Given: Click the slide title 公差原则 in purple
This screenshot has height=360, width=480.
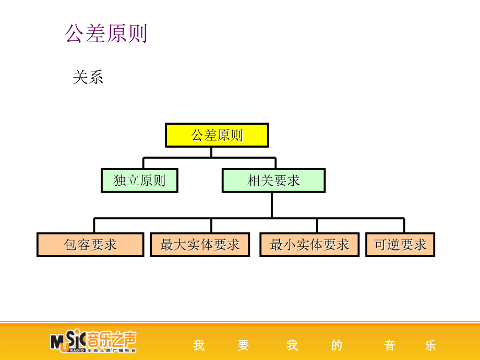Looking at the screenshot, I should coord(106,33).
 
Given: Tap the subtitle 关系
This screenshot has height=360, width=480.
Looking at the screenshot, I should coord(88,77).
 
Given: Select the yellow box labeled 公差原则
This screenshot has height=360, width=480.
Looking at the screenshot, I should coord(217,135).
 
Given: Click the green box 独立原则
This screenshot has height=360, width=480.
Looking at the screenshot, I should coord(139,181).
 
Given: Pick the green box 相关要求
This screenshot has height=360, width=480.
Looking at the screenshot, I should coord(273,181).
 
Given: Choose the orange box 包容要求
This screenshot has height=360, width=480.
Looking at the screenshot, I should coord(90,245).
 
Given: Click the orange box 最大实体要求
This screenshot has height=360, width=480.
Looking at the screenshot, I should coord(200,245).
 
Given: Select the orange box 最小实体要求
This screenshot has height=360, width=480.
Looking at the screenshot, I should coord(309,245).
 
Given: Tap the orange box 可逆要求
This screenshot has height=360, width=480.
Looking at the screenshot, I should coord(400,245).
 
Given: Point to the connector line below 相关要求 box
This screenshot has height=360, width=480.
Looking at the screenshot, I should coord(272,205).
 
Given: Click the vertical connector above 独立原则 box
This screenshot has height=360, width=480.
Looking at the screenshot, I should coord(143,163).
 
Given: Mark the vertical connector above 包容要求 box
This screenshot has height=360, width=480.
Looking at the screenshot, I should coord(94,225).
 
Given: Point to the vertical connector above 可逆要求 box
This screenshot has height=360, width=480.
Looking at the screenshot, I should coord(404,225).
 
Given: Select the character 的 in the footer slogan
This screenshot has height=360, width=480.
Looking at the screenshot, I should coord(337,345).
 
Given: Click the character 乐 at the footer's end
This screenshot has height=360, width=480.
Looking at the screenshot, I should coord(430,345).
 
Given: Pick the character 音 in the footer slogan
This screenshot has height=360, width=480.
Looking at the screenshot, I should coord(389,345).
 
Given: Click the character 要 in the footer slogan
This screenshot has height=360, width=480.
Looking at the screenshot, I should coord(243,345).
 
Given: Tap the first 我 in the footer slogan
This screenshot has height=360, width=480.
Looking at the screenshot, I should coord(198,345).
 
